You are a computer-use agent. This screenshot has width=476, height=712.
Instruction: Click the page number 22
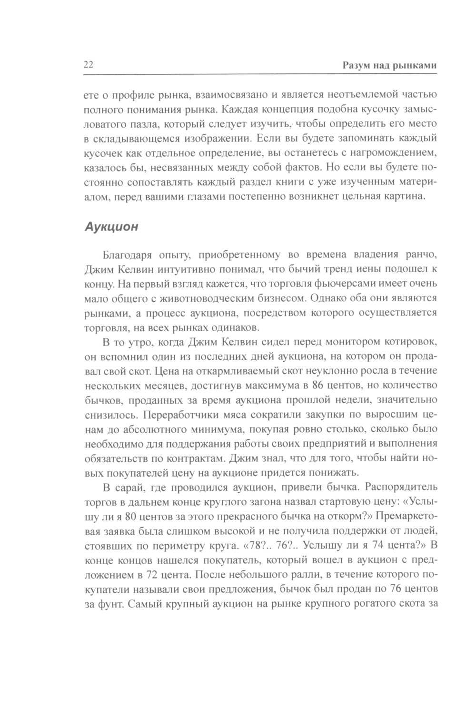88,66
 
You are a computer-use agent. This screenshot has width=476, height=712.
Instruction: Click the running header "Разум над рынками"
389,66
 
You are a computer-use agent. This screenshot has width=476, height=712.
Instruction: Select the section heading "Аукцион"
111,226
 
